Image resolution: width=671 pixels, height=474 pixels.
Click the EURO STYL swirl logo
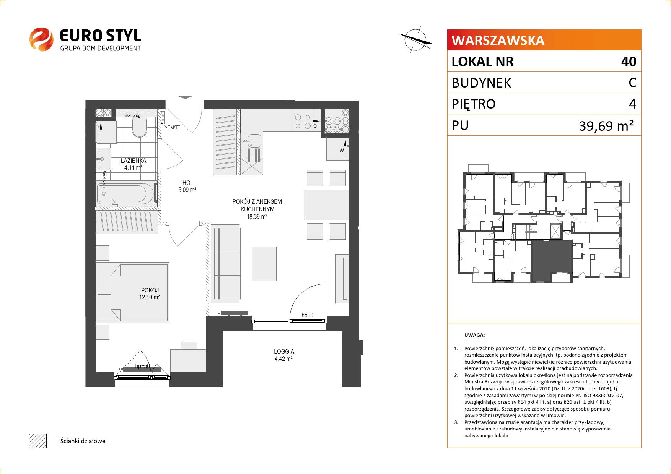41,39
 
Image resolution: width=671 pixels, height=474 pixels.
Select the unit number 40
629,62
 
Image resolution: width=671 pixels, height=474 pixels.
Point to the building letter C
632,83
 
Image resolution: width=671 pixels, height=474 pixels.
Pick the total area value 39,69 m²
606,125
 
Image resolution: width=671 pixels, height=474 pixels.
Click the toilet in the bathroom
139,127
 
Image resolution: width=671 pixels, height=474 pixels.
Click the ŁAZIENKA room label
133,161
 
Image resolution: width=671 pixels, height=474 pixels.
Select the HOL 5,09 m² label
187,186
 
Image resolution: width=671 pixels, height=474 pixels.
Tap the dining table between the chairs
326,205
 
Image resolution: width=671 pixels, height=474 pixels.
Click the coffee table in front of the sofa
264,263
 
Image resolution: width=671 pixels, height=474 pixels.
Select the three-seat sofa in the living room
226,264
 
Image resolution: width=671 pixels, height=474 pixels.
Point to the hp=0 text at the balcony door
307,315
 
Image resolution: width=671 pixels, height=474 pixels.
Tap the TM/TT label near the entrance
174,127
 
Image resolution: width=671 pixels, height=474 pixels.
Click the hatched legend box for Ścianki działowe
37,441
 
